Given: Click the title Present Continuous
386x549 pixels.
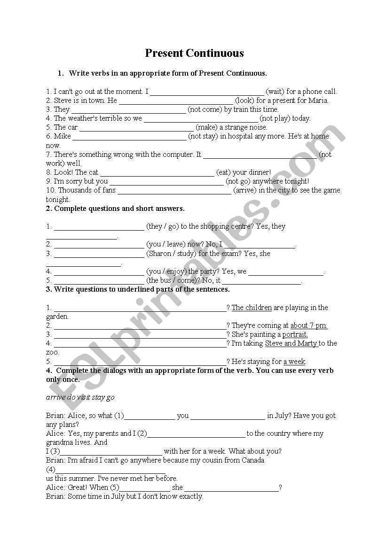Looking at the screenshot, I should click(194, 53).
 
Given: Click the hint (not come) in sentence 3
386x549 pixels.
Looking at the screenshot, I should click(205, 109).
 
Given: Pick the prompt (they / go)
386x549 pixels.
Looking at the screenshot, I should click(163, 226).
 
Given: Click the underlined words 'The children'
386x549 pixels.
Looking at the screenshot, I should click(252, 308).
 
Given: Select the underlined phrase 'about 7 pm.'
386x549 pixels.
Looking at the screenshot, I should click(308, 325).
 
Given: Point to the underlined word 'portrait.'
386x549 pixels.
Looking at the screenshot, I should click(295, 334).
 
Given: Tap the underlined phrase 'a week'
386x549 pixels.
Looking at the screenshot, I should click(294, 362).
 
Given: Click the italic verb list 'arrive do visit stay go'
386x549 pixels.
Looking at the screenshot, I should click(80, 397).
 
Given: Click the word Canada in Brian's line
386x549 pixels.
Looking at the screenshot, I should click(253, 460).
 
